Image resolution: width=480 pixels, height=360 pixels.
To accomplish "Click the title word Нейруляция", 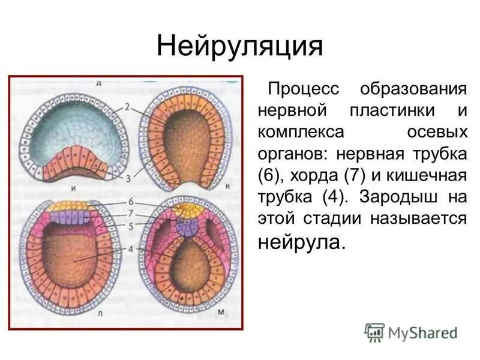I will [x=240, y=46].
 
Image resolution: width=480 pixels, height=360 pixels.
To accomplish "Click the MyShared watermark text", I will [x=421, y=332].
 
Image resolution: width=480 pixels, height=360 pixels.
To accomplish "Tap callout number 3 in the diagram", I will [x=128, y=177].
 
